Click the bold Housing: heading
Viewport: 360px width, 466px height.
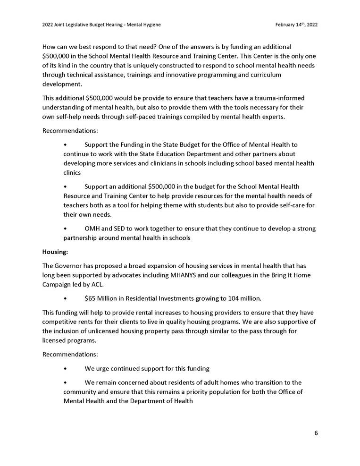point(55,252)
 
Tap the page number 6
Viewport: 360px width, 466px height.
point(316,432)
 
